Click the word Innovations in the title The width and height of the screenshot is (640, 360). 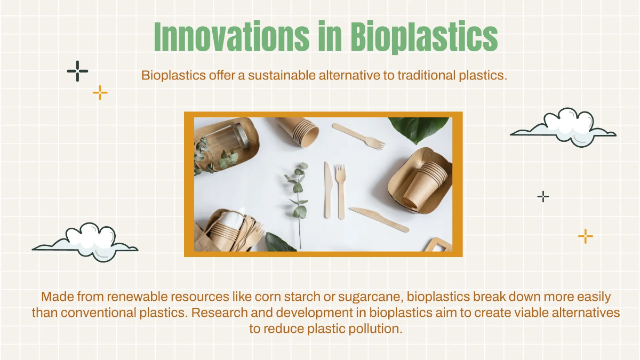[x=231, y=36]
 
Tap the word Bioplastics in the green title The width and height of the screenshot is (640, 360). [x=425, y=37]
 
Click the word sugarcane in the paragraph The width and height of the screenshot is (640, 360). [x=371, y=297]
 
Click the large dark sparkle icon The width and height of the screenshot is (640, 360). [x=77, y=71]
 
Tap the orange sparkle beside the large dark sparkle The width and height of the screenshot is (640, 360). [x=100, y=93]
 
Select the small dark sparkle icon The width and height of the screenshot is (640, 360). [x=543, y=197]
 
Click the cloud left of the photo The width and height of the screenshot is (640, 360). [x=86, y=242]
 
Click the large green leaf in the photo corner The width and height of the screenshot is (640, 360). [x=419, y=129]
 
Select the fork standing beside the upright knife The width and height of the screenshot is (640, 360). [x=341, y=191]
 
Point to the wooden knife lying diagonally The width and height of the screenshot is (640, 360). [x=379, y=219]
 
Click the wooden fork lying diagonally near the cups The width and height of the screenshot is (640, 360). [x=358, y=137]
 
